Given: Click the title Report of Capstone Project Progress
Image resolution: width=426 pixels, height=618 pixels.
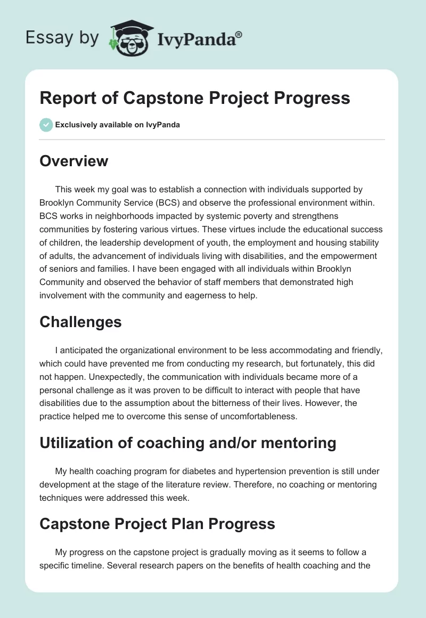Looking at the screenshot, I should (x=195, y=98).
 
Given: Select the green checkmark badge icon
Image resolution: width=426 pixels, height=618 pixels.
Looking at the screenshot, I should (x=46, y=125).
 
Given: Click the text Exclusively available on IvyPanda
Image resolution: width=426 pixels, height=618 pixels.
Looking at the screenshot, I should (x=117, y=125).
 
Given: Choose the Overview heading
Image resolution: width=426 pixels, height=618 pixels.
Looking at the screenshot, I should (x=73, y=161).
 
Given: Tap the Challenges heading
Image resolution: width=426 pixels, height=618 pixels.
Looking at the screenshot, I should (x=80, y=322).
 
